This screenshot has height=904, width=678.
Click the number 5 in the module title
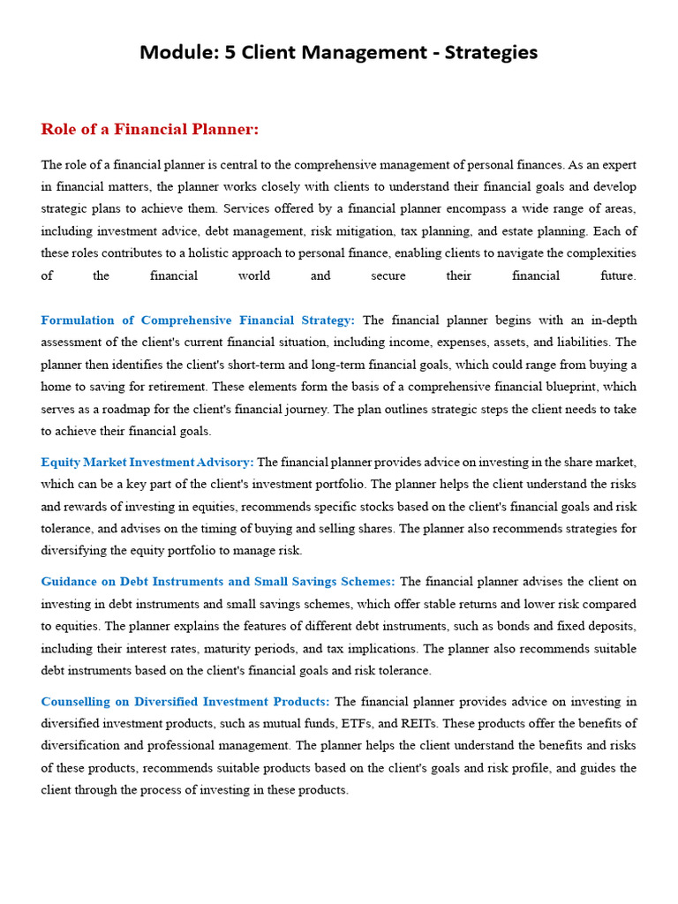point(231,53)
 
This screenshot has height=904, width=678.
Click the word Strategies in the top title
point(491,53)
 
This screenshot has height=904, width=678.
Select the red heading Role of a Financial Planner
point(150,130)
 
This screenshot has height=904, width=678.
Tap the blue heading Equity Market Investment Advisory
point(147,462)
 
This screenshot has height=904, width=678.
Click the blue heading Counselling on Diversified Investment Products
point(185,702)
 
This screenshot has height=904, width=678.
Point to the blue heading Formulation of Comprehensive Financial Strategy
point(198,320)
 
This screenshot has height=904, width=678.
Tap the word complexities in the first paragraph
point(601,253)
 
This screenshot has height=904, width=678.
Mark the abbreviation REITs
point(418,724)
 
